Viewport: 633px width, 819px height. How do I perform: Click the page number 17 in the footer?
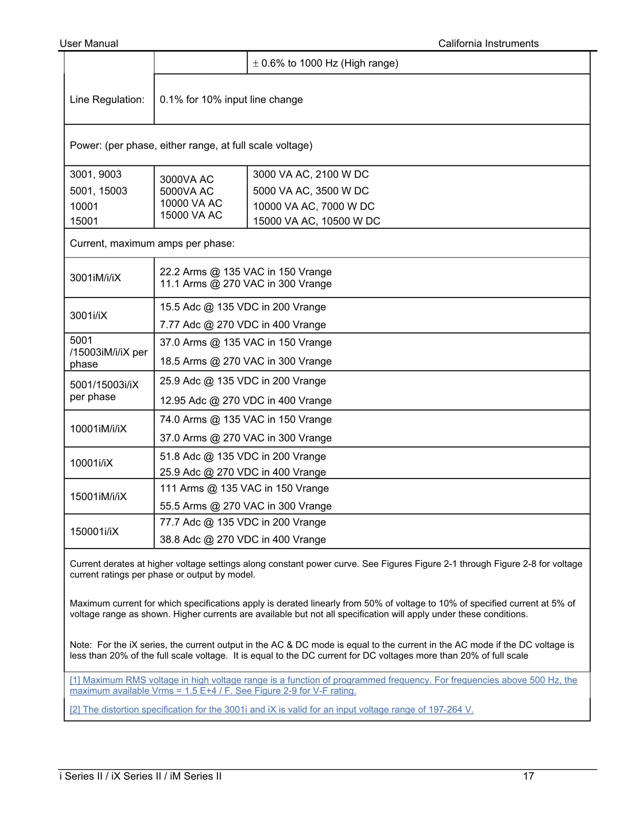point(528,776)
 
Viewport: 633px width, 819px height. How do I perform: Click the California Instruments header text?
point(488,44)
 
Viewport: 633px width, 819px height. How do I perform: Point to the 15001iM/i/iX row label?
point(98,497)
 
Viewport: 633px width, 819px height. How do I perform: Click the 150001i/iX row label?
point(94,531)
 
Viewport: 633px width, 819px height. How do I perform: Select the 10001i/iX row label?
point(91,463)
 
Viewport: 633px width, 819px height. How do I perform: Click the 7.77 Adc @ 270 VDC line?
point(243,324)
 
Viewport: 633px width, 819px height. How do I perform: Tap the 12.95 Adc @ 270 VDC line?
point(246,401)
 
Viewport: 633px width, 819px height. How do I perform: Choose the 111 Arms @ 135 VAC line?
point(244,488)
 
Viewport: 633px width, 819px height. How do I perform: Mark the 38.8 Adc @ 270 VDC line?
point(243,539)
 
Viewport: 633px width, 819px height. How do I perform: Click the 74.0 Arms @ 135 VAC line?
point(246,419)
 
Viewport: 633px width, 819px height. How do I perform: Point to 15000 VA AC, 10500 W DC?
point(316,221)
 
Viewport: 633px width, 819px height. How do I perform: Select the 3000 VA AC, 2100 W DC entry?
point(311,174)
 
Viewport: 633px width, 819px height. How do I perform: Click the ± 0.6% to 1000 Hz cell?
point(325,63)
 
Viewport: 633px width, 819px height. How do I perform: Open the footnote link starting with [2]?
point(272,710)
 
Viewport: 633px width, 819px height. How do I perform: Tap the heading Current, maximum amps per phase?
point(152,243)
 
